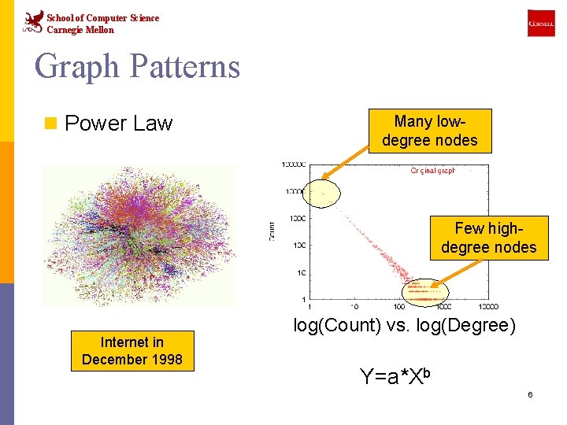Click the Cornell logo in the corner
(541, 24)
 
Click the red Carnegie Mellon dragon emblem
(32, 21)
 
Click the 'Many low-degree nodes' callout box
(430, 131)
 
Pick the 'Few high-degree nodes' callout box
(488, 238)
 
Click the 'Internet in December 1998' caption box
(132, 351)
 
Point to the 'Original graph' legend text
(432, 171)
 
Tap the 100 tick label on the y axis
(298, 246)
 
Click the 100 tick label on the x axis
(399, 307)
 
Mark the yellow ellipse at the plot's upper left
(321, 191)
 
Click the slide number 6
(530, 394)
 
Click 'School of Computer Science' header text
(102, 17)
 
